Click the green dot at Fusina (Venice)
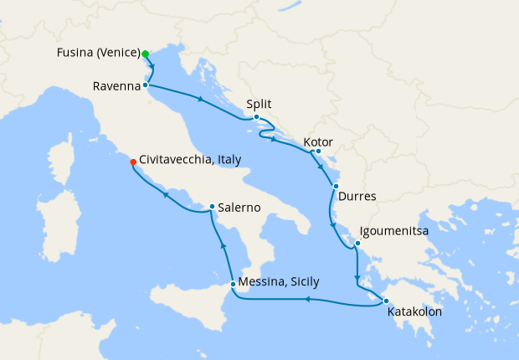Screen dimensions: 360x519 (x=146, y=54)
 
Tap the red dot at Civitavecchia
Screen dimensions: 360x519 (x=132, y=162)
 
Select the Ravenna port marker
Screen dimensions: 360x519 (x=146, y=85)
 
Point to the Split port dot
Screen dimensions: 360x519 (x=256, y=117)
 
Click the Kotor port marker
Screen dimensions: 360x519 (x=319, y=152)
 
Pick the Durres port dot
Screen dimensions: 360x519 (x=336, y=186)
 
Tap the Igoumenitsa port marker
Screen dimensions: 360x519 (x=357, y=244)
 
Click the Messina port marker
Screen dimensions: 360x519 (x=233, y=285)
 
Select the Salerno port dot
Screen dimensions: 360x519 (x=212, y=206)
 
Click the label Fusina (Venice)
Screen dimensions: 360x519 (x=97, y=54)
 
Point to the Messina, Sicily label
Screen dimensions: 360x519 (x=279, y=281)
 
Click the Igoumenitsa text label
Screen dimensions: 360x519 (x=398, y=229)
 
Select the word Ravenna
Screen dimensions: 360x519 (x=116, y=85)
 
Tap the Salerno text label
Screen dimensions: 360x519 (x=240, y=207)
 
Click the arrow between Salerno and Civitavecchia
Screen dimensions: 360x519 (x=166, y=195)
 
